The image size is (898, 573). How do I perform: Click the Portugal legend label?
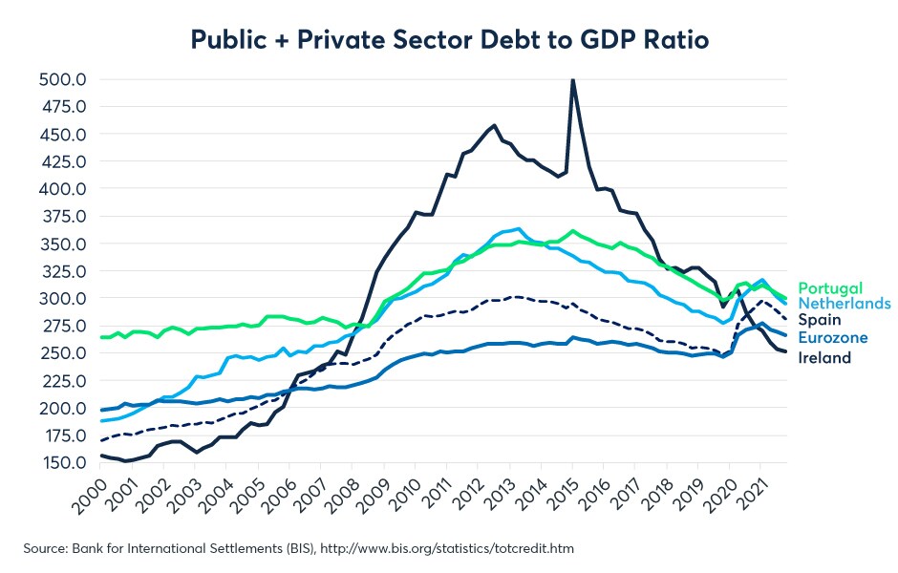point(830,287)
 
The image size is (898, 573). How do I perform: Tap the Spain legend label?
point(819,321)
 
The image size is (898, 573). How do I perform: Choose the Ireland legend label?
point(824,357)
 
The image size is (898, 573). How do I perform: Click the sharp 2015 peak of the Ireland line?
point(573,81)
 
